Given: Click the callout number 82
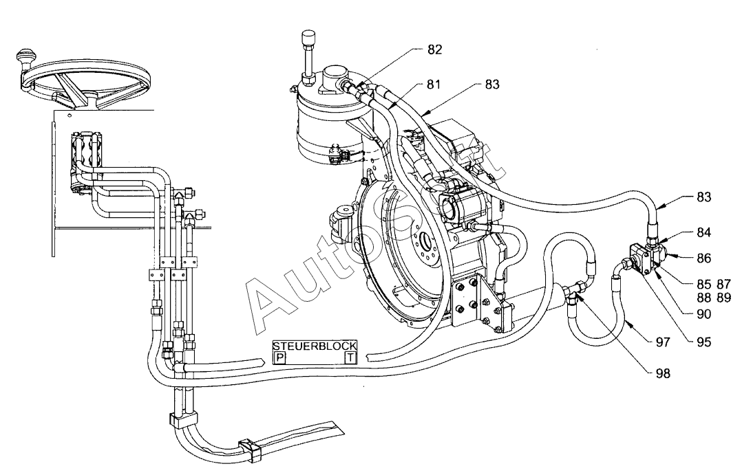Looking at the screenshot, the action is pyautogui.click(x=434, y=49).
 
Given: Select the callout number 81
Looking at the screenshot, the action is pyautogui.click(x=433, y=85).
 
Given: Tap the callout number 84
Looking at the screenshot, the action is pyautogui.click(x=703, y=232).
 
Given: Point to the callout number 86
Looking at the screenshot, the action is pyautogui.click(x=703, y=258).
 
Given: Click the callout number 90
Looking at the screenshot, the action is pyautogui.click(x=703, y=314).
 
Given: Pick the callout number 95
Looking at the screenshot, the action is pyautogui.click(x=703, y=342).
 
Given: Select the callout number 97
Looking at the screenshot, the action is pyautogui.click(x=662, y=342).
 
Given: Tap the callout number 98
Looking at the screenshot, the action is pyautogui.click(x=662, y=373).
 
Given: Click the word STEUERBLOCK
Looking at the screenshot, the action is pyautogui.click(x=315, y=346).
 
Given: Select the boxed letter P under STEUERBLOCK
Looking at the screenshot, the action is pyautogui.click(x=279, y=357).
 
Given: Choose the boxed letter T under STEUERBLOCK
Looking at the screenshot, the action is pyautogui.click(x=350, y=357).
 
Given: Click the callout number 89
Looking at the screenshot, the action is pyautogui.click(x=724, y=298).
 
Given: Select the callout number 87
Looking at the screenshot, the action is pyautogui.click(x=724, y=284).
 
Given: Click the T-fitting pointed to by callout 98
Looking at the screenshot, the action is pyautogui.click(x=575, y=290).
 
